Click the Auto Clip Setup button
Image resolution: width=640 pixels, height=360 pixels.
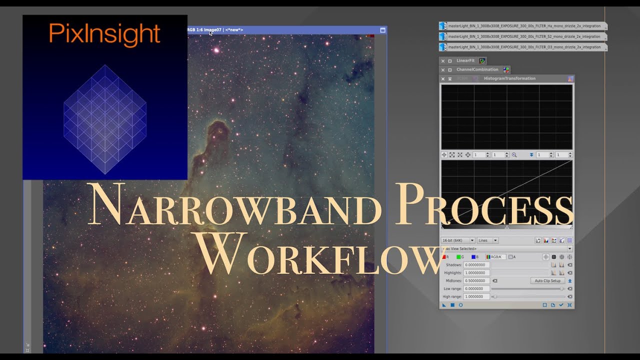click(547, 281)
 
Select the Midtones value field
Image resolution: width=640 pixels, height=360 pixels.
click(476, 281)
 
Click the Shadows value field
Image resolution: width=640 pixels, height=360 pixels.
click(476, 265)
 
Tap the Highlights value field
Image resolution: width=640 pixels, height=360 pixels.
click(476, 273)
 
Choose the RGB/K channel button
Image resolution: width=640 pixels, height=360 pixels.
click(495, 257)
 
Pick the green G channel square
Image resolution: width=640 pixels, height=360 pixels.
click(458, 257)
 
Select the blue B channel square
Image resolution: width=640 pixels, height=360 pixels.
click(473, 257)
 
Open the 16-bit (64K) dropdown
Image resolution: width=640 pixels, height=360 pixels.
click(458, 240)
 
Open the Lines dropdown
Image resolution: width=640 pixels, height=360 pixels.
click(487, 240)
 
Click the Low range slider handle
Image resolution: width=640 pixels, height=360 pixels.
click(562, 289)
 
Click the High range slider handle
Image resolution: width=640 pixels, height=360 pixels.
click(495, 297)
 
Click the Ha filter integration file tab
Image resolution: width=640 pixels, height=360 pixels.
click(523, 26)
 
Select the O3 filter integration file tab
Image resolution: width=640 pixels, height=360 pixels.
click(523, 47)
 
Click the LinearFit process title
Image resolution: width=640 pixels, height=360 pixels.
click(465, 61)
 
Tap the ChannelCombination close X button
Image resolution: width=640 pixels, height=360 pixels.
click(442, 70)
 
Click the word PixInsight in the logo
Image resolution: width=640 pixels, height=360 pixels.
click(104, 34)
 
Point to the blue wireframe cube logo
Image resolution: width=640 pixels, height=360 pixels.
click(105, 119)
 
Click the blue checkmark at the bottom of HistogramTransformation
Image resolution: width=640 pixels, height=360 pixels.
click(561, 305)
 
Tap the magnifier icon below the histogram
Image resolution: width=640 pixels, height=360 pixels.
click(514, 155)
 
